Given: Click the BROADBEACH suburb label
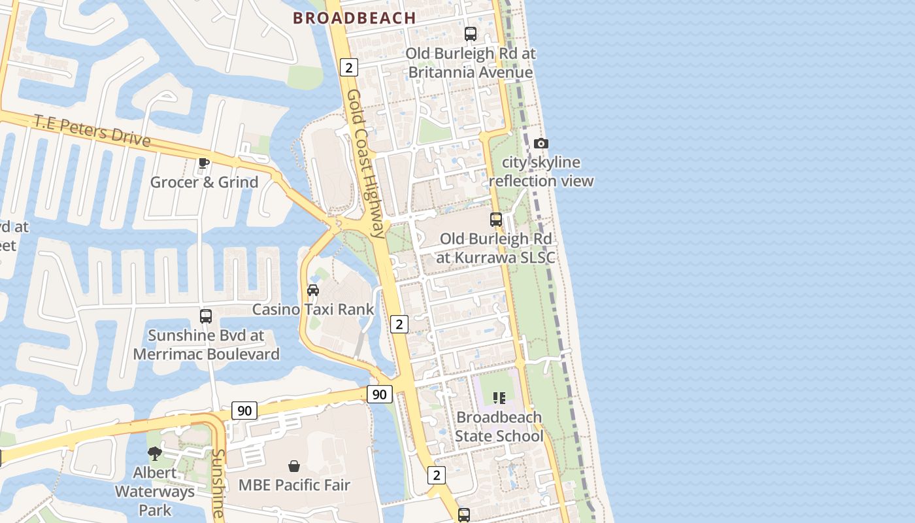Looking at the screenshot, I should [x=354, y=18].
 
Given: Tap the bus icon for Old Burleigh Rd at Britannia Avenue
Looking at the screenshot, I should [x=471, y=34].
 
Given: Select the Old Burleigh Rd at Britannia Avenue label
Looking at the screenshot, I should [x=471, y=63].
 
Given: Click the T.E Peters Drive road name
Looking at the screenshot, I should [x=92, y=131].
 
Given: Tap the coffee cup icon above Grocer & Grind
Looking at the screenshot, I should [x=204, y=163].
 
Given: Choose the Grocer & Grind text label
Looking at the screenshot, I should [x=205, y=182].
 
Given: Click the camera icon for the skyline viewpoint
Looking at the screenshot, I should [x=541, y=143].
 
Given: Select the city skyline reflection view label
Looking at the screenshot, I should [x=541, y=171].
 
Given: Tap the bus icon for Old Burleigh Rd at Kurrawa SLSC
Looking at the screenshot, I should [x=496, y=220].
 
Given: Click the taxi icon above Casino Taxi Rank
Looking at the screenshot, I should [x=313, y=290].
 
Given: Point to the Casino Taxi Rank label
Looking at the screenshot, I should [x=313, y=309].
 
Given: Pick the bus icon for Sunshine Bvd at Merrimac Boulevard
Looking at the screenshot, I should [x=206, y=316].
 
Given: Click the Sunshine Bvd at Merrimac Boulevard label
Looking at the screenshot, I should [x=206, y=345].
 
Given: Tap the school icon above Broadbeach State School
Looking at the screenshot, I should [x=499, y=397].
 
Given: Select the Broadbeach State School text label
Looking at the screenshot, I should [x=499, y=426].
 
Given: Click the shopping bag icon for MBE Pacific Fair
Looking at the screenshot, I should [x=294, y=466].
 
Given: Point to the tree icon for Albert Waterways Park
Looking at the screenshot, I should [x=155, y=453].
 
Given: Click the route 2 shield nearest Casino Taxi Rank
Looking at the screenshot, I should [x=399, y=324].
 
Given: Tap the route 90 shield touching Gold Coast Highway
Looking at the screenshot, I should [x=380, y=394].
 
